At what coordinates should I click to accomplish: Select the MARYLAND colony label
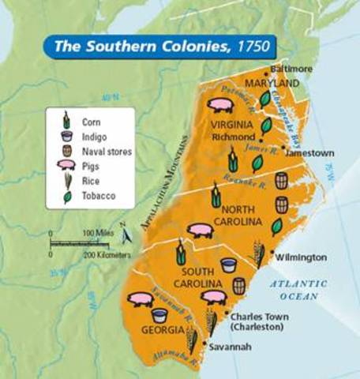pyautogui.click(x=272, y=83)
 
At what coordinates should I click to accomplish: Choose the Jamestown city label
pyautogui.click(x=309, y=152)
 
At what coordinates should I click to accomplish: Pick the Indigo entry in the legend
pyautogui.click(x=94, y=136)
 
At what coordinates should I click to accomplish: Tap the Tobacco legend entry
pyautogui.click(x=98, y=194)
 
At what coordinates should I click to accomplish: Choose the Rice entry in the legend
pyautogui.click(x=91, y=179)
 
